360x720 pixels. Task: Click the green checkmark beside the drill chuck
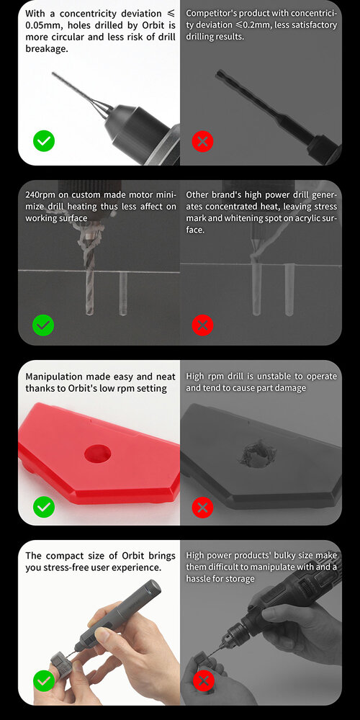44,141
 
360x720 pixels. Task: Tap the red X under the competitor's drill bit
202,141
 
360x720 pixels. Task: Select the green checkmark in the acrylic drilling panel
43,325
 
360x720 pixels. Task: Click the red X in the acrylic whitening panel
202,325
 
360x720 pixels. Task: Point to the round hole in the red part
98,453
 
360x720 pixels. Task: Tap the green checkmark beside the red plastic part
44,507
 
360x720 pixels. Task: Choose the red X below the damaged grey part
202,507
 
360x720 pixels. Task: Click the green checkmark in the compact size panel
44,680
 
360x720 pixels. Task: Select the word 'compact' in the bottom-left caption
67,556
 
